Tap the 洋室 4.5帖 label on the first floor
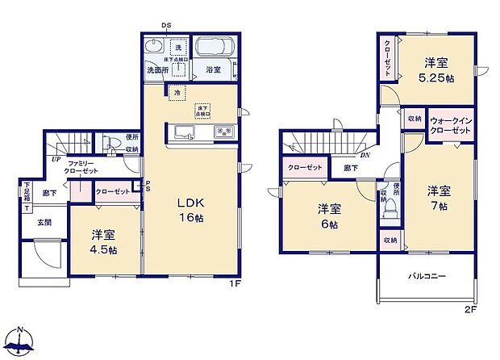pos(102,241)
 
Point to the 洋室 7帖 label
pos(439,197)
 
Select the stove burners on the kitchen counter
pos(223,132)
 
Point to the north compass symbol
pos(21,343)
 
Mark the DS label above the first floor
pos(166,26)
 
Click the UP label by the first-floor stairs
pos(55,159)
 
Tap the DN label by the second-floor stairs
pos(365,156)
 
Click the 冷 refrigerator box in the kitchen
pos(176,94)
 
